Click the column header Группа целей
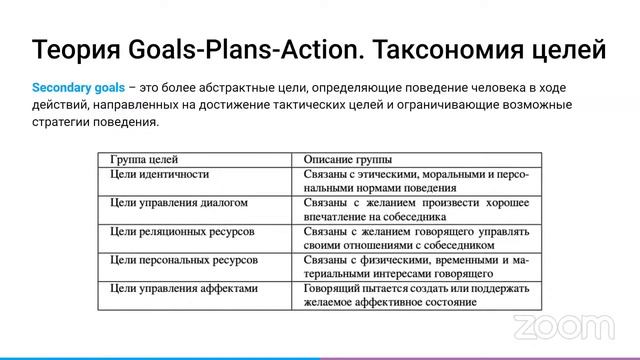tap(144, 159)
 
